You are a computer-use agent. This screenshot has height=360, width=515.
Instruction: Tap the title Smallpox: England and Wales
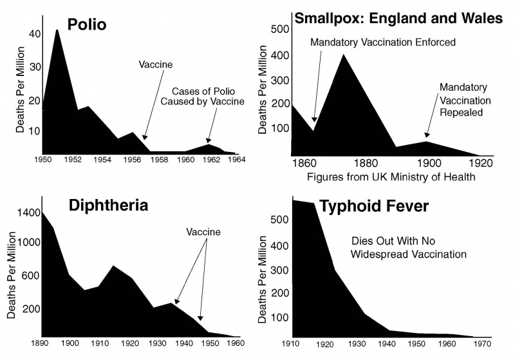(398, 18)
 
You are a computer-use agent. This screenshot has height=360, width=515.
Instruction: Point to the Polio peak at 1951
(57, 31)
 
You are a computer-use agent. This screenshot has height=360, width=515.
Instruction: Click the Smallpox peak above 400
(344, 55)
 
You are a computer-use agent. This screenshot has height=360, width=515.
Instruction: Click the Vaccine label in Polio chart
(156, 65)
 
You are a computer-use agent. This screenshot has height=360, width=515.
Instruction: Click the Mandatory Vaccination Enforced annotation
(382, 43)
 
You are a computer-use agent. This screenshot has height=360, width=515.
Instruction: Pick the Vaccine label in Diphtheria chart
(203, 232)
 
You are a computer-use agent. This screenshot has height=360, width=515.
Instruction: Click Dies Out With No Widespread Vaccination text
(408, 248)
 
